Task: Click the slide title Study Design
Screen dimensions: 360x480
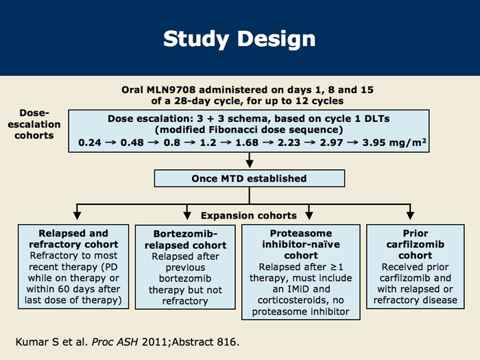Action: (239, 38)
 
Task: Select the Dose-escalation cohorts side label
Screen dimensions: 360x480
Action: (34, 124)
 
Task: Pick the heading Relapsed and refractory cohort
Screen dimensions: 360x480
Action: (74, 239)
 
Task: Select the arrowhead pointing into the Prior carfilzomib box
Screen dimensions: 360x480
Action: (410, 217)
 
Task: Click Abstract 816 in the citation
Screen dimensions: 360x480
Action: (218, 341)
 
